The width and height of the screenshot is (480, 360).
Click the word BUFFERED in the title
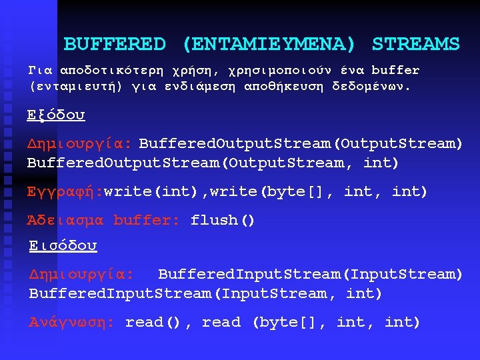(114, 45)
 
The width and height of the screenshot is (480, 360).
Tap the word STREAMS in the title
(415, 45)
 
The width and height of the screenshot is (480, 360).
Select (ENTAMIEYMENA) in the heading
(268, 45)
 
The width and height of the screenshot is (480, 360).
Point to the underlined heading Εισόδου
(63, 246)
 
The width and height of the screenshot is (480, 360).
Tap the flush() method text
(223, 220)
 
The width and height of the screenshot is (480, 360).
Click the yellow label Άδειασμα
(65, 220)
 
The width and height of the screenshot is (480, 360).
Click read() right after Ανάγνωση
(153, 323)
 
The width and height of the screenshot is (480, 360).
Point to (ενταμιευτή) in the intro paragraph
(75, 87)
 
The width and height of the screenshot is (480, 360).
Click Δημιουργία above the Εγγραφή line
(79, 143)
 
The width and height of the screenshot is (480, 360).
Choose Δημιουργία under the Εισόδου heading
(81, 274)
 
